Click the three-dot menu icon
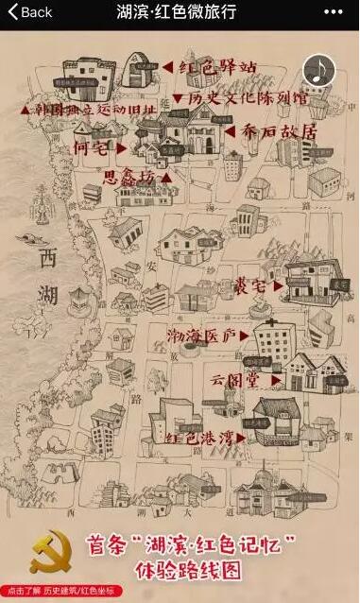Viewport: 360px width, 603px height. tap(333, 12)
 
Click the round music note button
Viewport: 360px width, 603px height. tap(318, 69)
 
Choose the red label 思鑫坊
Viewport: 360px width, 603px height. tap(132, 176)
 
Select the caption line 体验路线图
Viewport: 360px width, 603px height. tap(210, 571)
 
